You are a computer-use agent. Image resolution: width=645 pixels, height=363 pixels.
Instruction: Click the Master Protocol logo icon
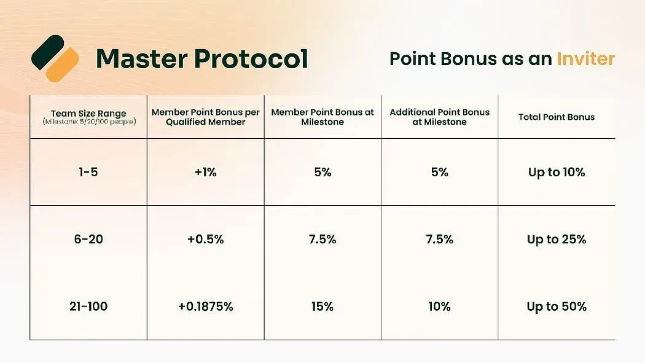pyautogui.click(x=55, y=58)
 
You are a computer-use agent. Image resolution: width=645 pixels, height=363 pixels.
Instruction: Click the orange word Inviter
pyautogui.click(x=586, y=59)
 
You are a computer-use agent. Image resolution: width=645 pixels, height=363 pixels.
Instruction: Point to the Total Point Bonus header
pyautogui.click(x=557, y=117)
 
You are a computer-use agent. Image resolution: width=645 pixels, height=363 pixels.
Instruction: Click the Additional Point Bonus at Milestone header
pyautogui.click(x=440, y=117)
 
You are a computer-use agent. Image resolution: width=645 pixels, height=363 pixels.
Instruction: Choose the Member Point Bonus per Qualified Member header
pyautogui.click(x=206, y=117)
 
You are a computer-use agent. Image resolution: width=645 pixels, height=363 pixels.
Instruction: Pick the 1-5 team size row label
pyautogui.click(x=88, y=172)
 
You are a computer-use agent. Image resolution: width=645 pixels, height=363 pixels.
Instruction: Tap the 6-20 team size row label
pyautogui.click(x=88, y=239)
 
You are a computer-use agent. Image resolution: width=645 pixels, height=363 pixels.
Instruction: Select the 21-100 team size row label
pyautogui.click(x=88, y=306)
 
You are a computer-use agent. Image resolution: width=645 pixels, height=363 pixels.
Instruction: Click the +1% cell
pyautogui.click(x=206, y=172)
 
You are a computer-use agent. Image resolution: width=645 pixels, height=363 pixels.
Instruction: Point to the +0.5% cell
pyautogui.click(x=206, y=239)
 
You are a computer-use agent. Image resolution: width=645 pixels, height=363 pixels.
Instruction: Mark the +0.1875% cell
pyautogui.click(x=206, y=306)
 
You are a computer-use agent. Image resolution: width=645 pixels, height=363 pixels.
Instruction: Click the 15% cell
pyautogui.click(x=322, y=306)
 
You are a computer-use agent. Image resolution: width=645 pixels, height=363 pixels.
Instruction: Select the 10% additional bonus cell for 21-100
pyautogui.click(x=439, y=306)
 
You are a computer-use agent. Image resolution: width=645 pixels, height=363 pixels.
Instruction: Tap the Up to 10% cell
pyautogui.click(x=557, y=172)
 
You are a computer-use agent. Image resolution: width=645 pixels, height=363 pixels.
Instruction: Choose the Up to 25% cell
pyautogui.click(x=557, y=239)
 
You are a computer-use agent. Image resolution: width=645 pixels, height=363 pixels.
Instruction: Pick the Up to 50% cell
pyautogui.click(x=557, y=306)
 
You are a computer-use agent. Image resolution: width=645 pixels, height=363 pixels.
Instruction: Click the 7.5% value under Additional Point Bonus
pyautogui.click(x=439, y=239)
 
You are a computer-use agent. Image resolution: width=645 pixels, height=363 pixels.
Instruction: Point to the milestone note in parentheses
pyautogui.click(x=89, y=122)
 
